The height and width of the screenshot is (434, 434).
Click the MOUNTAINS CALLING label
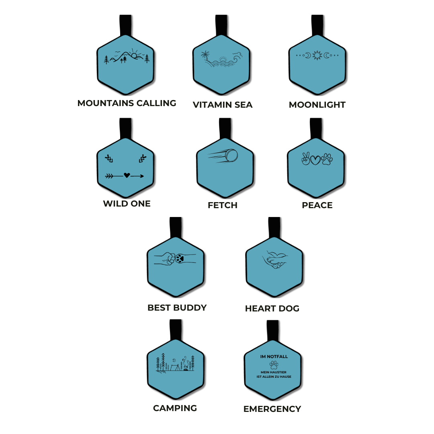point(127,103)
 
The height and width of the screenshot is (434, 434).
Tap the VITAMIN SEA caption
point(223,105)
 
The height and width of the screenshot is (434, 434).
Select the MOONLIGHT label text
point(317,105)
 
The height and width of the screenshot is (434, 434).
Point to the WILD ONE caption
point(127,204)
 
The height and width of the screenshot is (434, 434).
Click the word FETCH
point(223,205)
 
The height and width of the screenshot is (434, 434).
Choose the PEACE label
point(317,205)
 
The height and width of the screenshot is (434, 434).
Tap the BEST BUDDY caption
point(177,308)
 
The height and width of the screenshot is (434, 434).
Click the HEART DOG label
point(272,309)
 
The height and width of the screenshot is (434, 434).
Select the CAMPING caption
point(175,408)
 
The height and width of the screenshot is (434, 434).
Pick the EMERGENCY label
point(272,409)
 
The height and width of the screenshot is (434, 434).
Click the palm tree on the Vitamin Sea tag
point(205,56)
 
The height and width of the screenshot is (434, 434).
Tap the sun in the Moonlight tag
point(317,55)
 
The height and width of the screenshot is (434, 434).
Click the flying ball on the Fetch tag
point(231,156)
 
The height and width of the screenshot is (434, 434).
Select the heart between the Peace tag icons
point(315,160)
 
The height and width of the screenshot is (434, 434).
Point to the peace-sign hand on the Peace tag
point(305,159)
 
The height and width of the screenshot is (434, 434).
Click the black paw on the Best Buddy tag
point(180,258)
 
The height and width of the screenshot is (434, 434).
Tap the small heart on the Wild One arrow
point(127,175)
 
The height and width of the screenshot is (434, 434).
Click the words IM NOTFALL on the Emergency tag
point(274,356)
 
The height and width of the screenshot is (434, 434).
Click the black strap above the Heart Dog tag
point(274,227)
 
